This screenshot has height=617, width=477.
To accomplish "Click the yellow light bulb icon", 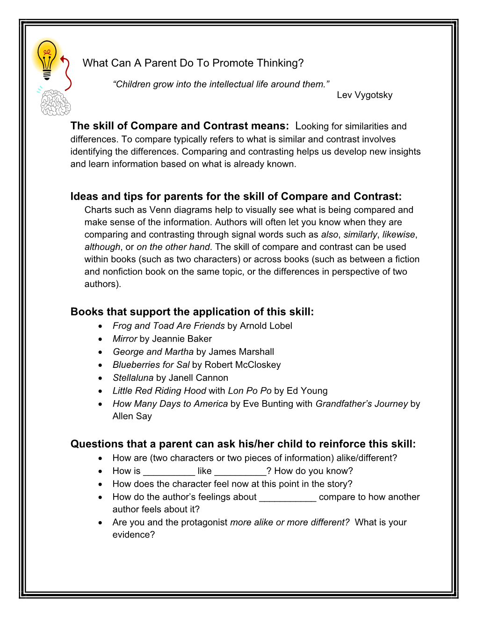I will click(x=47, y=58).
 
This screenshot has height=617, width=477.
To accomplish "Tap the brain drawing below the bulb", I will click(x=55, y=103).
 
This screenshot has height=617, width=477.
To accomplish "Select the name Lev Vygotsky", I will click(x=364, y=95).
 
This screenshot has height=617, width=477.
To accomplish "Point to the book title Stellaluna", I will click(x=133, y=378).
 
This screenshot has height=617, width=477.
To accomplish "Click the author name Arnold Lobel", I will click(x=266, y=326).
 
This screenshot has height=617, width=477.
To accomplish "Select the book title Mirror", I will click(x=125, y=339).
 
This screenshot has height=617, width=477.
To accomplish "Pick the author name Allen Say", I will click(x=132, y=416).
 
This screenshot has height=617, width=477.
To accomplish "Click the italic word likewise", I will click(x=398, y=235).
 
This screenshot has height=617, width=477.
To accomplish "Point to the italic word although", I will click(x=102, y=247).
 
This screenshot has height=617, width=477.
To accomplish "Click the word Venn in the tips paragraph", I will click(x=160, y=210).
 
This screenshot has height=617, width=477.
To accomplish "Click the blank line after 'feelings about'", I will click(x=288, y=497).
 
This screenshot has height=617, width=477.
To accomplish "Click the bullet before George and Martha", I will click(x=101, y=352).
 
